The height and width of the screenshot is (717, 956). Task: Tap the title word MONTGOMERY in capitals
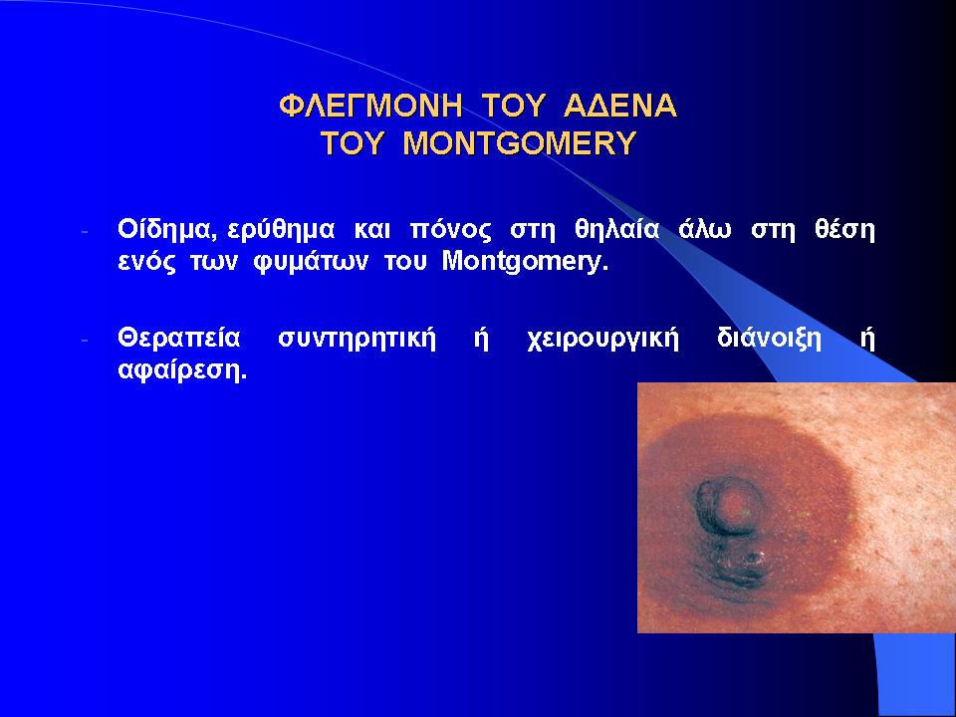520,143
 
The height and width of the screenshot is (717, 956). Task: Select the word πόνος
450,230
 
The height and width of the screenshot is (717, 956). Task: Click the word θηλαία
617,230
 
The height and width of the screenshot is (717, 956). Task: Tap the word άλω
705,230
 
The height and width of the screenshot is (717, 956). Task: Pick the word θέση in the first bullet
844,230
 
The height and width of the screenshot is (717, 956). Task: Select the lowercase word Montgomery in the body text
525,262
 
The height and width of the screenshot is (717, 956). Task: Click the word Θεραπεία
179,338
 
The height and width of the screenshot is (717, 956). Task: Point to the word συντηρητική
357,339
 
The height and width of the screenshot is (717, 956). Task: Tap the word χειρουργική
603,339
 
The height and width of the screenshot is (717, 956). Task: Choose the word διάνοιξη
770,338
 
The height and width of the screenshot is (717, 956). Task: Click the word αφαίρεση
182,370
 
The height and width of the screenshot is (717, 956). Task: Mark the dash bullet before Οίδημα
85,232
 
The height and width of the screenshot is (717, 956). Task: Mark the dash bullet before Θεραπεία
85,340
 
